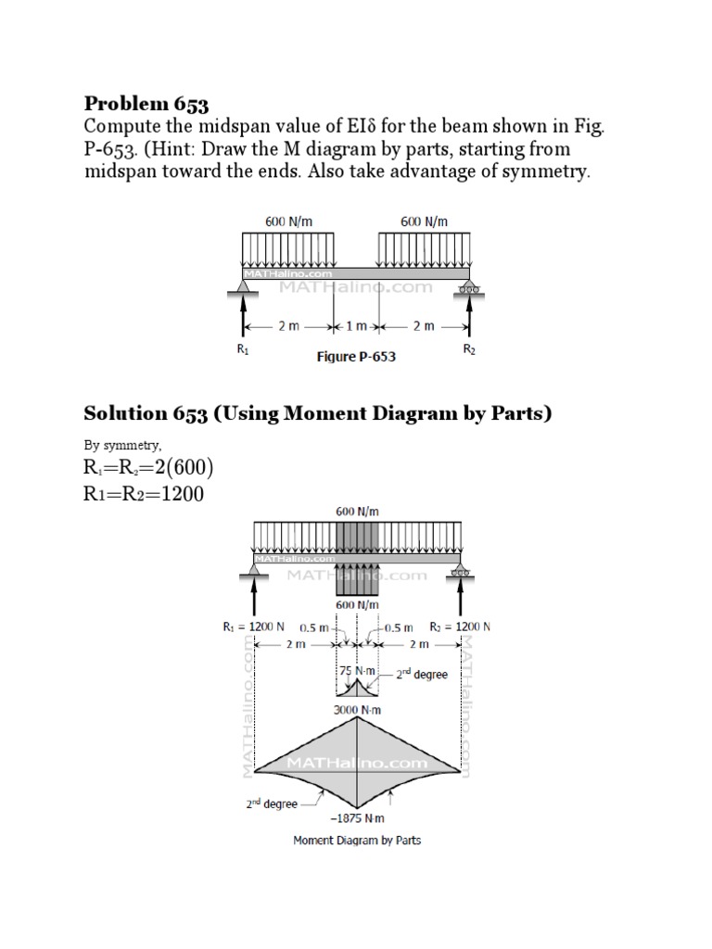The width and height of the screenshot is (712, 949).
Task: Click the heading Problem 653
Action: pyautogui.click(x=147, y=103)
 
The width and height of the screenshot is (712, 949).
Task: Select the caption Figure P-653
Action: pyautogui.click(x=356, y=357)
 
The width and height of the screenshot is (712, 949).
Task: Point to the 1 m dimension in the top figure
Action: pyautogui.click(x=355, y=327)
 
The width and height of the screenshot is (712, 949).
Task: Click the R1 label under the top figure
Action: pyautogui.click(x=244, y=350)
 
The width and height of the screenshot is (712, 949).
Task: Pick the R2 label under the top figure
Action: pyautogui.click(x=468, y=350)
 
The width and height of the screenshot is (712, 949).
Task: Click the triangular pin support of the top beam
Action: pyautogui.click(x=244, y=289)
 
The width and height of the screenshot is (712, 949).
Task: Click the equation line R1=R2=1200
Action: pyautogui.click(x=144, y=494)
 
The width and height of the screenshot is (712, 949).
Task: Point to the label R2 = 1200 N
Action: pyautogui.click(x=460, y=626)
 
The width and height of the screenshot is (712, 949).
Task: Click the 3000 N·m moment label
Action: pyautogui.click(x=358, y=710)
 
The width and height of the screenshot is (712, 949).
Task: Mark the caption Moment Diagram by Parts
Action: pyautogui.click(x=357, y=841)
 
